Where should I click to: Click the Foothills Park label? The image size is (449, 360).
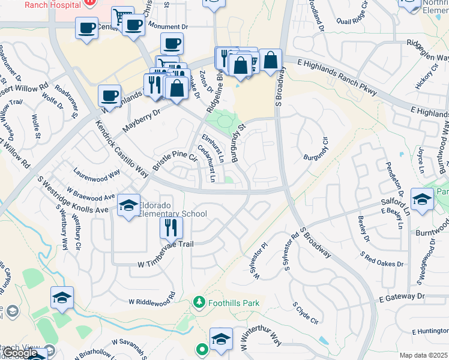(234, 303)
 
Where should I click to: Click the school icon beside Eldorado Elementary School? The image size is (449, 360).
(128, 206)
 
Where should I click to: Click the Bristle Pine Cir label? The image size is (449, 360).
(176, 157)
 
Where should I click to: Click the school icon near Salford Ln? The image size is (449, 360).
(422, 199)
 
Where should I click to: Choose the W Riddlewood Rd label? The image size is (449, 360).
(151, 300)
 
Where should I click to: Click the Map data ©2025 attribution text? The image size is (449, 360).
(424, 355)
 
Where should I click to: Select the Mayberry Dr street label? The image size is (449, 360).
(142, 120)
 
